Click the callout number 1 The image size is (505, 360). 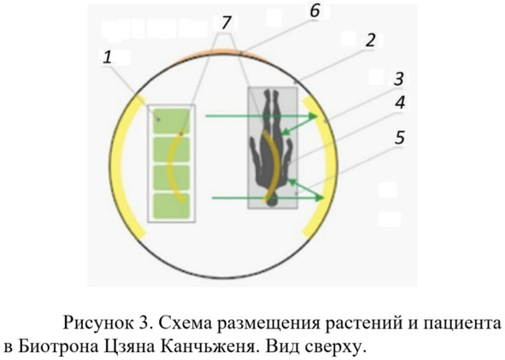coord(108,57)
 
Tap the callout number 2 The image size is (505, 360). coord(370,40)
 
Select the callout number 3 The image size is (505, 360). coord(399,79)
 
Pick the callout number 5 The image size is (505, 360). coord(399,137)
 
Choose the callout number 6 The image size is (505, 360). coord(314,10)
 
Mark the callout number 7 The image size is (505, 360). coord(226,22)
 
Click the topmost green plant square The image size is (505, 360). coord(171,121)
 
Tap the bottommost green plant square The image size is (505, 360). coord(171,206)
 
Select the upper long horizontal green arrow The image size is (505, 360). coord(261,116)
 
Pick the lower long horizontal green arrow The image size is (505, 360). coord(267,198)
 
